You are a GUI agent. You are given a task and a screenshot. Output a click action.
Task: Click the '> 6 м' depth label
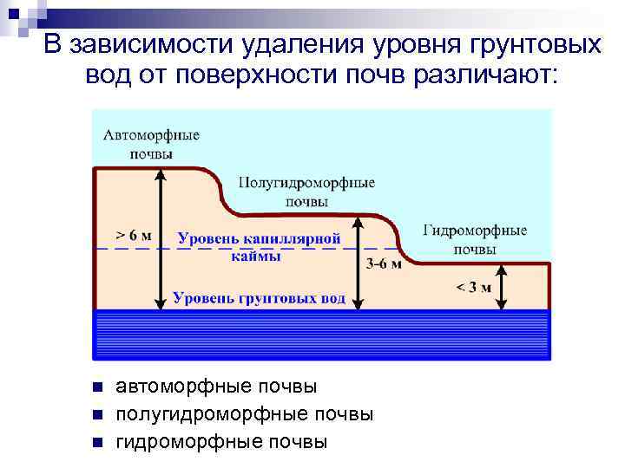click(x=133, y=235)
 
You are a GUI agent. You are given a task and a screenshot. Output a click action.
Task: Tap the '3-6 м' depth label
click(x=384, y=264)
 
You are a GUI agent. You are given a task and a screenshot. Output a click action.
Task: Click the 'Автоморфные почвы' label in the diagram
click(x=151, y=144)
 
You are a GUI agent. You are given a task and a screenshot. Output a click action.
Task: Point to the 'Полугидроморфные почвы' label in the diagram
click(x=306, y=192)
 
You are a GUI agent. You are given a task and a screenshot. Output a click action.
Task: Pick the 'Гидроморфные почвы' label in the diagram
click(x=475, y=239)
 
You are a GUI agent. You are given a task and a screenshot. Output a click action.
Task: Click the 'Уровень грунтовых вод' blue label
click(x=259, y=298)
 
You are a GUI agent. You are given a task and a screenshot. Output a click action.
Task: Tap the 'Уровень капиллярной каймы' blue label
click(x=259, y=245)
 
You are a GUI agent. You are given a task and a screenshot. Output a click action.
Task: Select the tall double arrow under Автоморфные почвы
click(x=160, y=238)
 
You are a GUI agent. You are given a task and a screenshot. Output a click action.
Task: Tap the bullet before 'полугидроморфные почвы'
click(x=97, y=414)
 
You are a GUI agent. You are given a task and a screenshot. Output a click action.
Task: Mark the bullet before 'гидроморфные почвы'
click(x=97, y=443)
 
